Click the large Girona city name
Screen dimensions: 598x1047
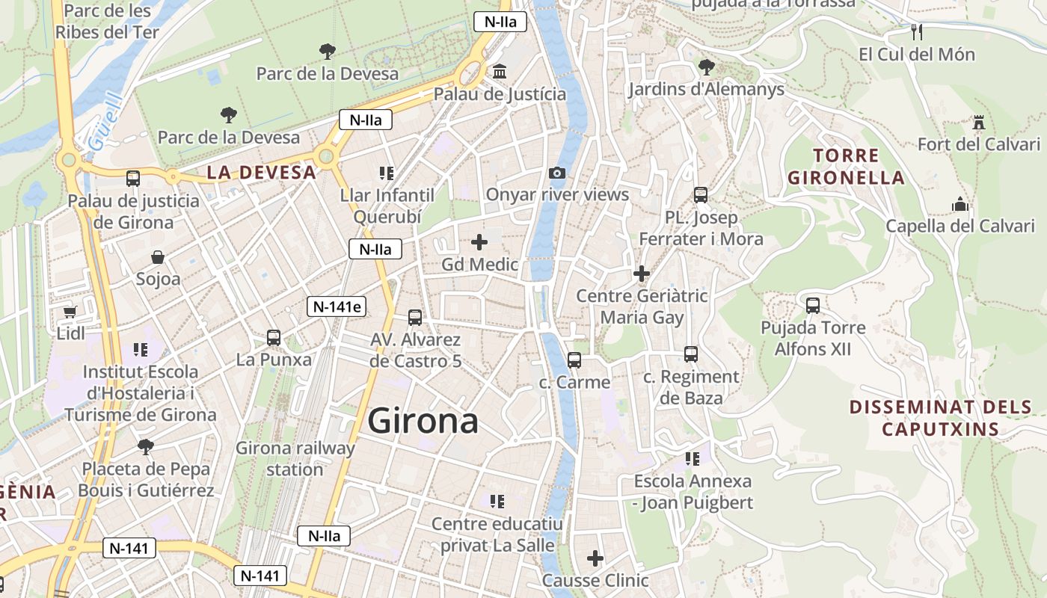423,421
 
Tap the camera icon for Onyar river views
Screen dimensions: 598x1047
557,173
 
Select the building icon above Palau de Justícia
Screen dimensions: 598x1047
500,72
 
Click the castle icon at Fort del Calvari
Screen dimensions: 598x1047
978,122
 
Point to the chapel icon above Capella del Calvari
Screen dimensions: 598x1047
960,203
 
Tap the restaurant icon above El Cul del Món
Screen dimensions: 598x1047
918,31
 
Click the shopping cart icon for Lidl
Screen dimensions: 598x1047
70,311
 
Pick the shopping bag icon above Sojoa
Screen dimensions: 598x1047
158,257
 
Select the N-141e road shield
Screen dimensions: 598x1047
337,306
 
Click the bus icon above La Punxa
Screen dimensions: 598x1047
274,337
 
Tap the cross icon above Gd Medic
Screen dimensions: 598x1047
479,242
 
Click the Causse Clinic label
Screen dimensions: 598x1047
595,580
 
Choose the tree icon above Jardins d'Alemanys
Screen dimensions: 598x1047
706,67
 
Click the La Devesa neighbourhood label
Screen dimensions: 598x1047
262,172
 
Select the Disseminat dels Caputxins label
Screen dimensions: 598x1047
941,418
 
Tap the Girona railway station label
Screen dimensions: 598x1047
295,458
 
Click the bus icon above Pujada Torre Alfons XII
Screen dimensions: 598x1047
813,305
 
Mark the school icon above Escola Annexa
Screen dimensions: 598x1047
693,458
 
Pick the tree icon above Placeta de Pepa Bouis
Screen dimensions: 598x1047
146,447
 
